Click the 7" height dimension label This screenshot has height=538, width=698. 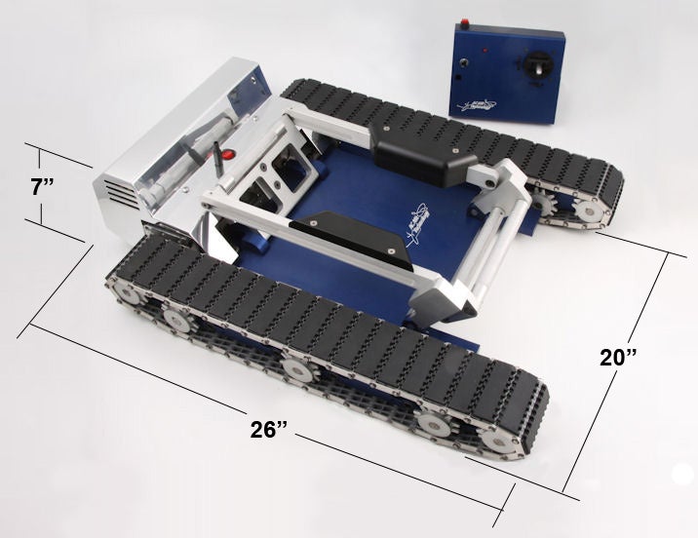tap(43, 187)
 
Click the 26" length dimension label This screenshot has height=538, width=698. tap(268, 430)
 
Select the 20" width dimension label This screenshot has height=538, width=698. tap(618, 357)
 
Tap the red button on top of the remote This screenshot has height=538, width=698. tap(465, 21)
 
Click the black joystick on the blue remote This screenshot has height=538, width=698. tap(538, 67)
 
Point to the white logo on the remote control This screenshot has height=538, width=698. tap(476, 105)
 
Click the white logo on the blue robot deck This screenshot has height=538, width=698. tap(417, 221)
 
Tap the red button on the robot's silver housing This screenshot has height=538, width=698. tap(229, 155)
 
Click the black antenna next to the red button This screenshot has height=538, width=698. tap(216, 158)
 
